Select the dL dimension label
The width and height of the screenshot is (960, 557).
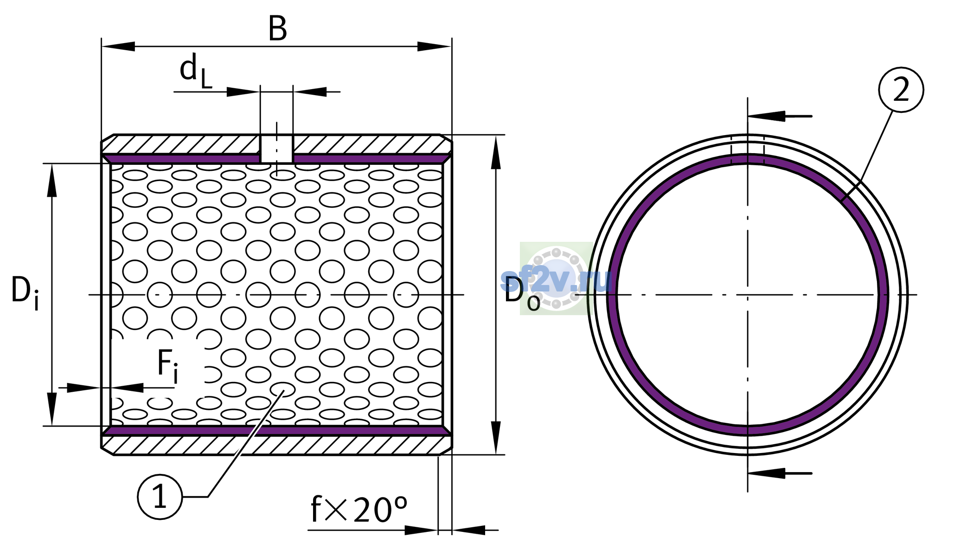coord(196,71)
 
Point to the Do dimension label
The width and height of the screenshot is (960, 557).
coord(522,293)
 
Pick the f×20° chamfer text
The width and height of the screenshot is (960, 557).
coord(358,509)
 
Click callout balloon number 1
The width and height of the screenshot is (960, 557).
coord(160,497)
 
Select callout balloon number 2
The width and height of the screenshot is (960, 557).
coord(901,90)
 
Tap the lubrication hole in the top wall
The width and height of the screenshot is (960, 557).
coord(276,149)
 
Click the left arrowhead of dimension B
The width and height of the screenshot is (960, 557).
coord(118,46)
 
